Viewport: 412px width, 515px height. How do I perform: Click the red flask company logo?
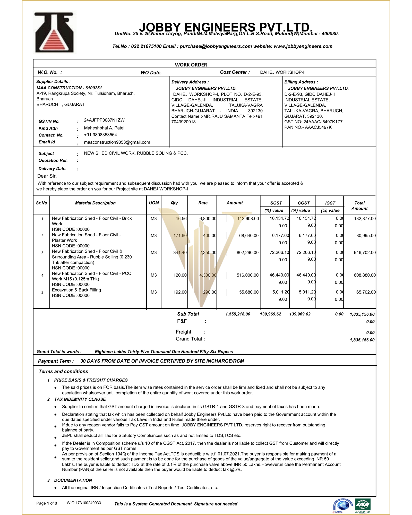(54, 32)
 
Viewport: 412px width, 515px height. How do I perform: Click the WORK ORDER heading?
(191, 65)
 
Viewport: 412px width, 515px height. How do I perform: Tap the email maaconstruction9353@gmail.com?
(117, 142)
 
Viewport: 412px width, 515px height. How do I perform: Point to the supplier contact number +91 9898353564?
(100, 135)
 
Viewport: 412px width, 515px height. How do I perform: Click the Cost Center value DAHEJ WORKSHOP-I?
(282, 72)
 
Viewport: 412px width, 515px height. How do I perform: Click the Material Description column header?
(95, 203)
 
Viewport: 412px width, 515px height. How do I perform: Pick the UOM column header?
(154, 203)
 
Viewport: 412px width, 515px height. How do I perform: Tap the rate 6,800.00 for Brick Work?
(208, 218)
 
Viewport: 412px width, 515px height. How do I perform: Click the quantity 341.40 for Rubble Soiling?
(180, 252)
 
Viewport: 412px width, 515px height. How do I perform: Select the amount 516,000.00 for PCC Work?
(247, 275)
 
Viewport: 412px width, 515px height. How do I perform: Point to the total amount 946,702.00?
(365, 252)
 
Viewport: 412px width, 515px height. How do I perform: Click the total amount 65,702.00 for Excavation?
(366, 292)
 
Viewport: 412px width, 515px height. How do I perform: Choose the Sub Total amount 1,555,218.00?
(238, 314)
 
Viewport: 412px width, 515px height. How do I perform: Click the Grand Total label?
(189, 339)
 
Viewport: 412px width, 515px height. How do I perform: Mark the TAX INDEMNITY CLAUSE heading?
(80, 399)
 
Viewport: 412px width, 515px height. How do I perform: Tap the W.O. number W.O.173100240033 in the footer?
(84, 503)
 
